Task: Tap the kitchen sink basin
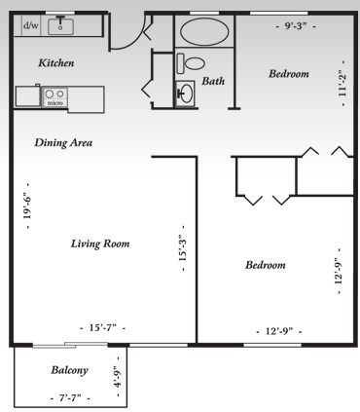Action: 63,24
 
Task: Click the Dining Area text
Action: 63,142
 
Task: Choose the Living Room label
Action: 100,243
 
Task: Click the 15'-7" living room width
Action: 102,328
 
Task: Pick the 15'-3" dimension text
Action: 182,255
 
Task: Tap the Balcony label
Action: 70,370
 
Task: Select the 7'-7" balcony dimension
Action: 69,397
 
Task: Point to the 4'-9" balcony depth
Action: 117,376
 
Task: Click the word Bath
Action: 213,81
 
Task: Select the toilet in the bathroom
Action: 191,62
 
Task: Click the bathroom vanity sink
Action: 185,94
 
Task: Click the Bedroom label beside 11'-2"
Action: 289,74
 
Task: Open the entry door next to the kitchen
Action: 126,34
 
